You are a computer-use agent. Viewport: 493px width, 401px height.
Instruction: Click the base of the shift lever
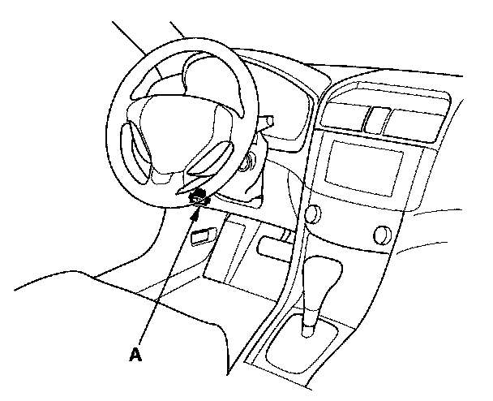pyautogui.click(x=308, y=330)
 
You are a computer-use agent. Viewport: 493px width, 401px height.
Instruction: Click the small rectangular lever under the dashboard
pyautogui.click(x=199, y=236)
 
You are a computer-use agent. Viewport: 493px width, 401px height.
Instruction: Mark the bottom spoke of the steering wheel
pyautogui.click(x=182, y=182)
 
